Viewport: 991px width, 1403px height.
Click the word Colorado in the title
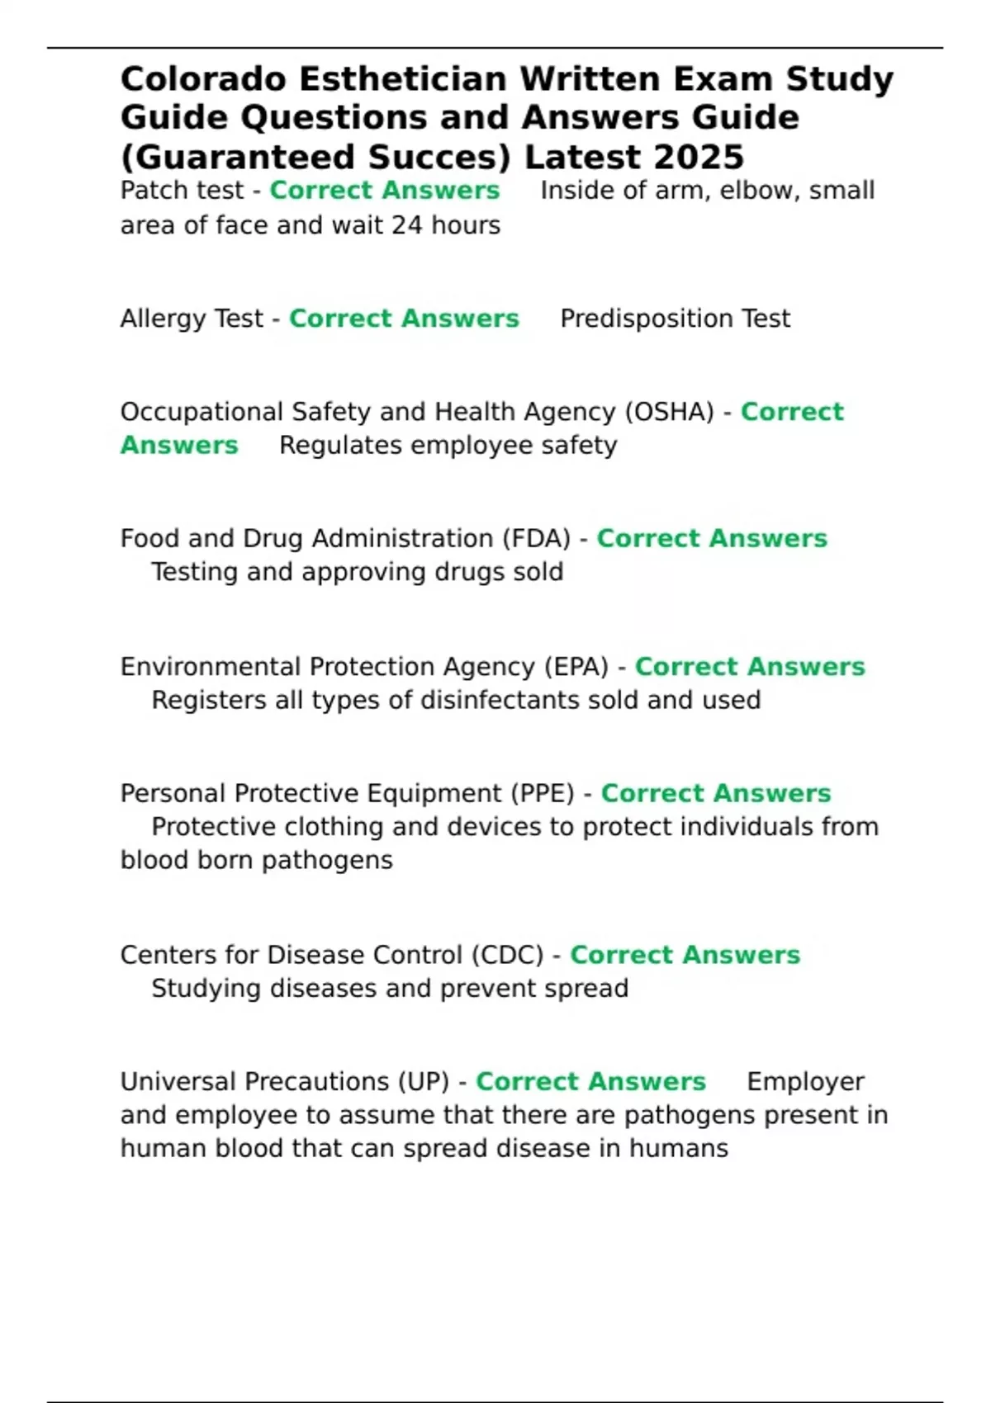[x=203, y=79]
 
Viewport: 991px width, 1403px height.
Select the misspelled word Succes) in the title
[x=439, y=157]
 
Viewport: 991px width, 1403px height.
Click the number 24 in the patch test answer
[x=406, y=225]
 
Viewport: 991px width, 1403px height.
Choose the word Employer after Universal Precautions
[x=805, y=1081]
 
